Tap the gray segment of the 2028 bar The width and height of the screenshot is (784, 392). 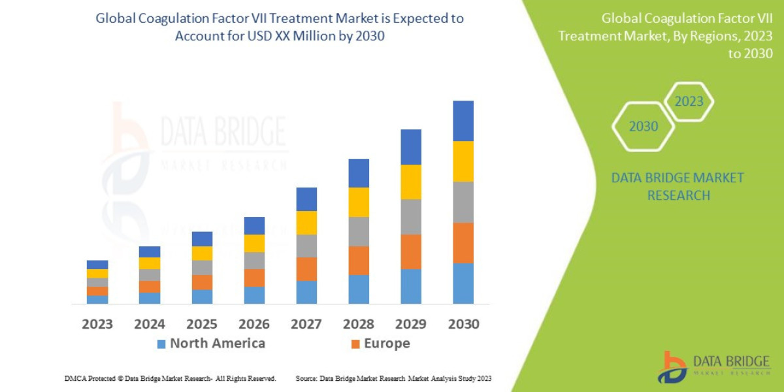point(359,231)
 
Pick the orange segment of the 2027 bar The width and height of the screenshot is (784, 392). point(306,269)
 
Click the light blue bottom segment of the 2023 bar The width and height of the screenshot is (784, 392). point(97,299)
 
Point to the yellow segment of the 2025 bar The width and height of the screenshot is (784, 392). point(202,253)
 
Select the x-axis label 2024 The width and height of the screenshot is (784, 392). point(150,324)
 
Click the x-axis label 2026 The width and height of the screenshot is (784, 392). point(254,324)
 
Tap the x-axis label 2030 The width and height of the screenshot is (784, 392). point(463,324)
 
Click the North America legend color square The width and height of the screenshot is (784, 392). point(161,344)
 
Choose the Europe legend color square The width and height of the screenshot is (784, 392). point(355,344)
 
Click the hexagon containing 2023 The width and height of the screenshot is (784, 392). point(689,101)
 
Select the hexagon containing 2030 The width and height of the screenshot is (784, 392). point(644,126)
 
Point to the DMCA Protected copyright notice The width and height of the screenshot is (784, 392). point(170,378)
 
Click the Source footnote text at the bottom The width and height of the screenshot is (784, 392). point(393,378)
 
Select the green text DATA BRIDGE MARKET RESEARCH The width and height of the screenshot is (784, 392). point(678,186)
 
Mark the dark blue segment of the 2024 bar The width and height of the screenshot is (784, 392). point(150,252)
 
